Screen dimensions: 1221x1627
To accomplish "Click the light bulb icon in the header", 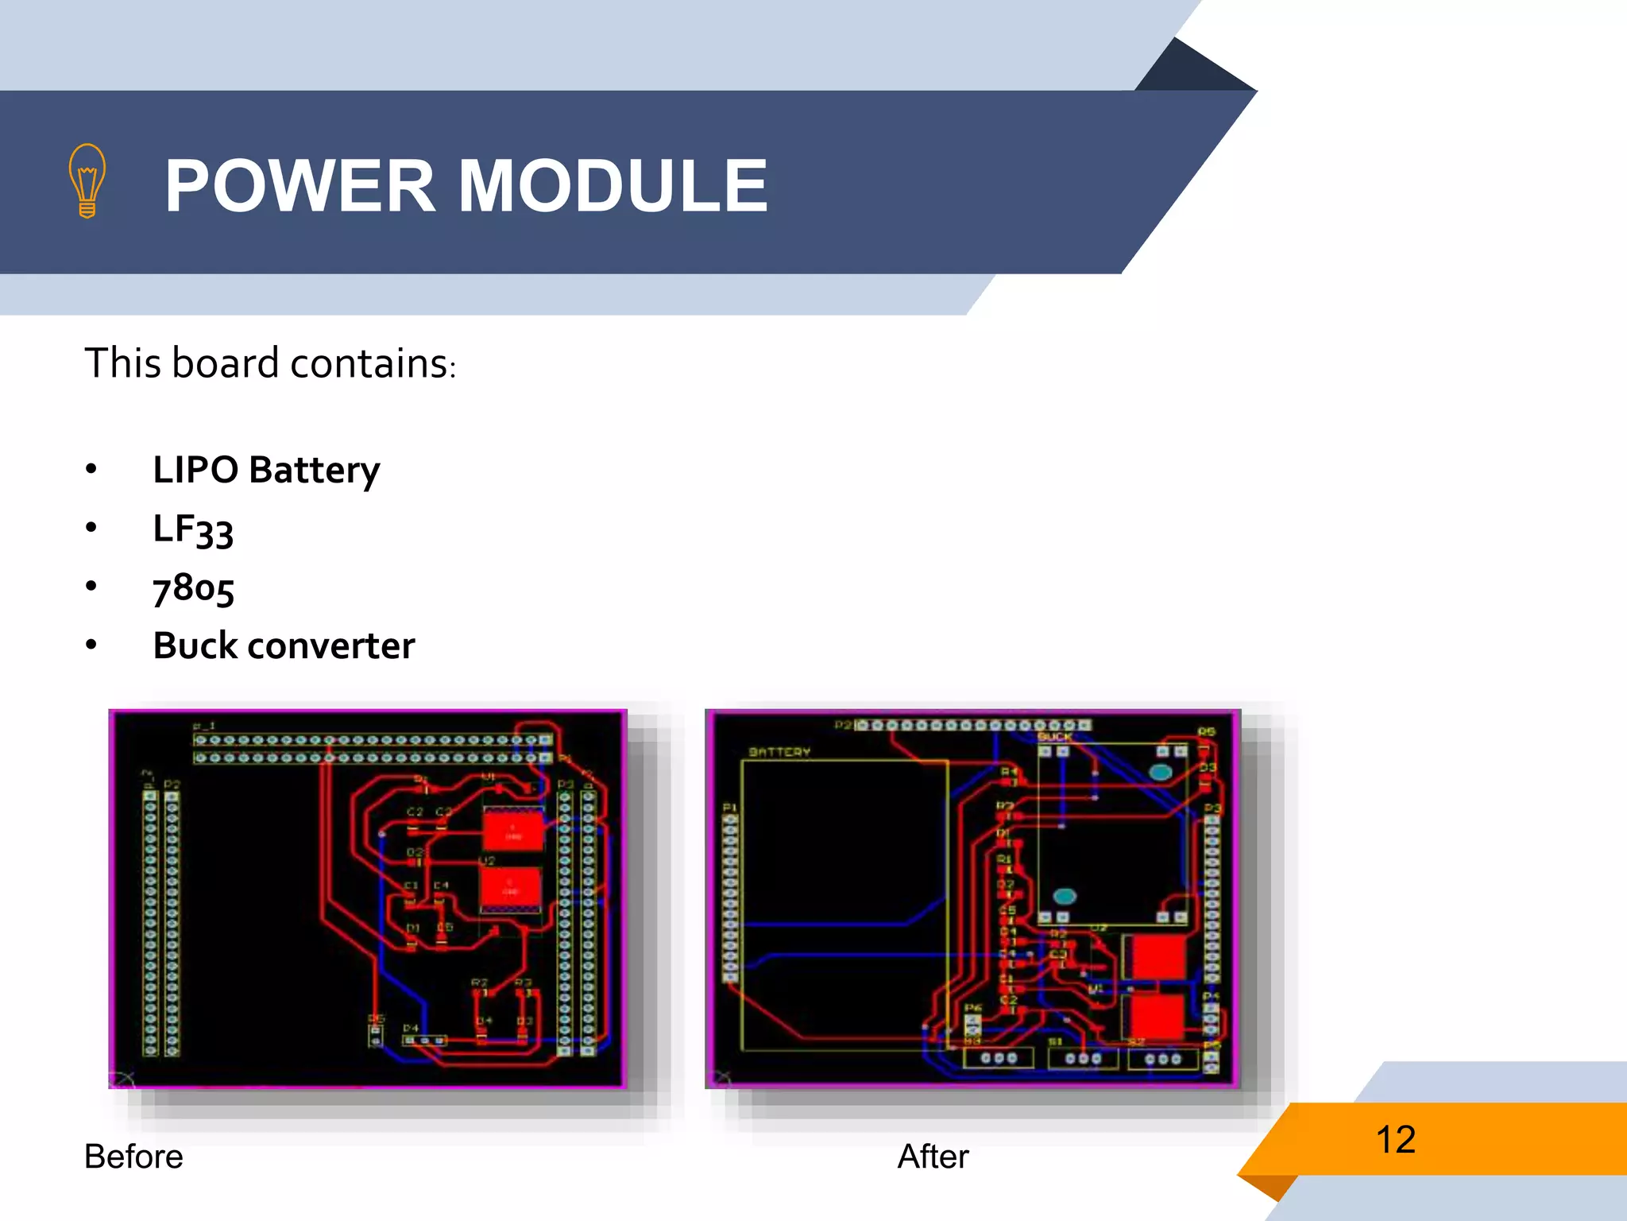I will point(87,181).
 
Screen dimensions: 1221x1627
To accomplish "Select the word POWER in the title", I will point(300,186).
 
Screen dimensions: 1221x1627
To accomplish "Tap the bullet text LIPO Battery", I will point(266,470).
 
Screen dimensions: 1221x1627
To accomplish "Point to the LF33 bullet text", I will point(193,529).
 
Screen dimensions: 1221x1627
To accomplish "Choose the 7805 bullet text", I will point(193,588).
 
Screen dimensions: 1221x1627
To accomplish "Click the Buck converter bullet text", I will point(284,645).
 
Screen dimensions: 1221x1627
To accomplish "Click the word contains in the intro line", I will point(371,363).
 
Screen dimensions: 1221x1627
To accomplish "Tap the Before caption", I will point(133,1157).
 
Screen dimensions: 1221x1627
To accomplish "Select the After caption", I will point(933,1157).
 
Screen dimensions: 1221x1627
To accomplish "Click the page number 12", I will point(1395,1139).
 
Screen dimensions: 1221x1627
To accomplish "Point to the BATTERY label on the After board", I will point(779,752).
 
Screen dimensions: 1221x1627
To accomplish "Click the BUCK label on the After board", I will point(1055,738).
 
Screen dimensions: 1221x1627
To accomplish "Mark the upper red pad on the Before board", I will point(513,831).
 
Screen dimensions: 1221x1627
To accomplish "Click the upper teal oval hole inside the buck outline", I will point(1161,772).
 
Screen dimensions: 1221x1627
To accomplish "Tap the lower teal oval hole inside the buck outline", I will point(1065,897).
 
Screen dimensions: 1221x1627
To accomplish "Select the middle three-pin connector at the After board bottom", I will point(1083,1058).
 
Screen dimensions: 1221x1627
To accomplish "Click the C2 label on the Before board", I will point(415,812).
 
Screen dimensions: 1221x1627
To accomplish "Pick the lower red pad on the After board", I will point(1156,1016).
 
